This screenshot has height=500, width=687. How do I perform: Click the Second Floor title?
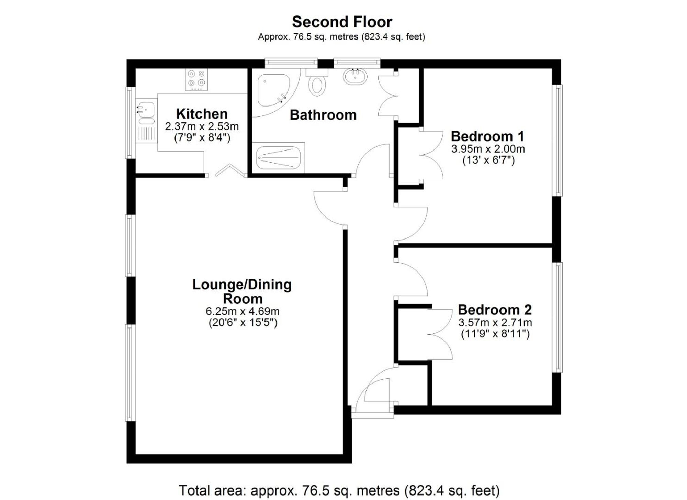(342, 22)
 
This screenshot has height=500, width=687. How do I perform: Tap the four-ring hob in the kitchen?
(196, 79)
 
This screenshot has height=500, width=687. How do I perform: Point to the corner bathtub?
(273, 90)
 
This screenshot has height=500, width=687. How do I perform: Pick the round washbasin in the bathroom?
(355, 76)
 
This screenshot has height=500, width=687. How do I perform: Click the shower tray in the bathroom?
(278, 158)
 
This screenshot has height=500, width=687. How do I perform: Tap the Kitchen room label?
(202, 114)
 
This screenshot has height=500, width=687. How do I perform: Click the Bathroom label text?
(323, 115)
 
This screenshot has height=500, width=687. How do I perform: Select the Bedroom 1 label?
(487, 136)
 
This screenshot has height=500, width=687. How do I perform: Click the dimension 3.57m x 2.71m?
(495, 323)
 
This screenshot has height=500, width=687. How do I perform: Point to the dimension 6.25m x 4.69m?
(243, 311)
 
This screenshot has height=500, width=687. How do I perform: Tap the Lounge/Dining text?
(242, 285)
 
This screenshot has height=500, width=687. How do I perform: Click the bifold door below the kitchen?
(227, 171)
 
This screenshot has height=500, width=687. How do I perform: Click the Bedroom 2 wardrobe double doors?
(440, 334)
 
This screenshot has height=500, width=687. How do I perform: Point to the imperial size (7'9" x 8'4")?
(202, 138)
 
